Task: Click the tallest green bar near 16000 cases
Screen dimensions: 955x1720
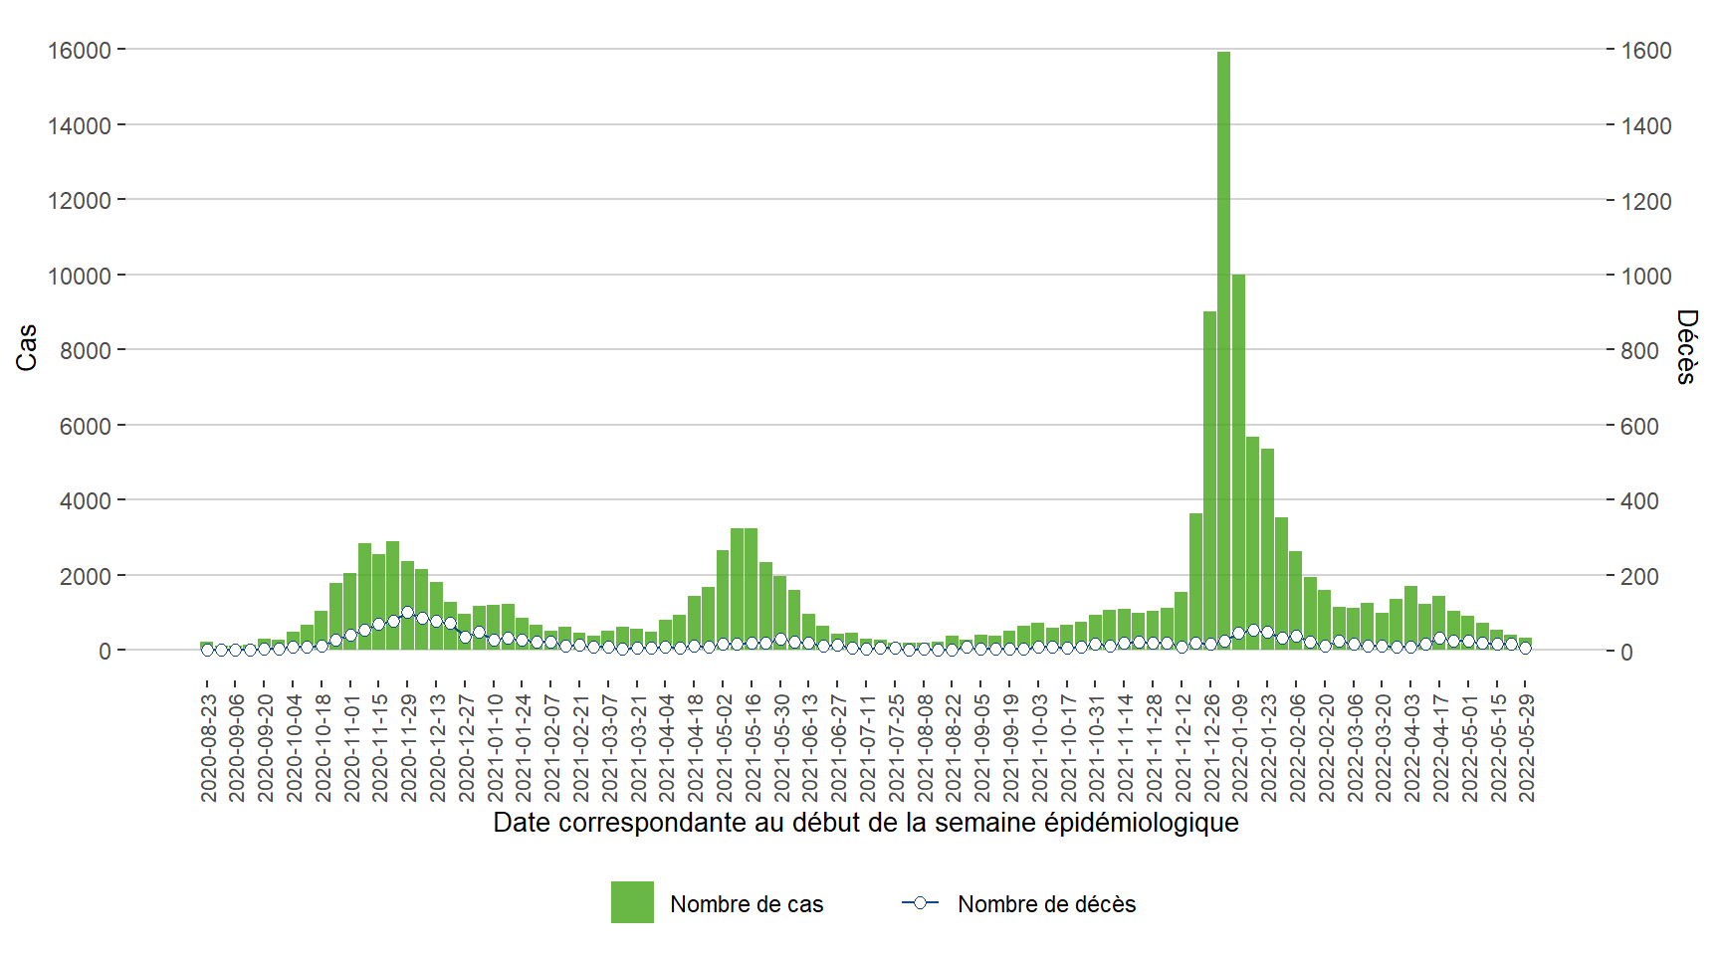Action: point(1223,348)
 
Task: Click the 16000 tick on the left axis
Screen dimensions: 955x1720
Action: point(80,50)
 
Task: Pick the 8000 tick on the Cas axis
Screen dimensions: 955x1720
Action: point(86,350)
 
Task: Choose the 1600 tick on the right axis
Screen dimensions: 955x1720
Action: point(1646,51)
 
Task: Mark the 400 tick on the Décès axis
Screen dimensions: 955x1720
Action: point(1639,501)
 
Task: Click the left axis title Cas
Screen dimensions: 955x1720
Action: point(27,347)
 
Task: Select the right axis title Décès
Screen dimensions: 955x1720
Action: point(1686,346)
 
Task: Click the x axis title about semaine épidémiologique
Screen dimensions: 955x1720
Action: point(865,823)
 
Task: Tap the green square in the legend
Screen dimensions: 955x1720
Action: point(632,902)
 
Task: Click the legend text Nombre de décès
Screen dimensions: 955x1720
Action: point(1046,904)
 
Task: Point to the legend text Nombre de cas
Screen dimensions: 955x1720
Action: point(747,904)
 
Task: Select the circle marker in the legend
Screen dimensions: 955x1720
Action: point(920,902)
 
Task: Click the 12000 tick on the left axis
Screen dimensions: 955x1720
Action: point(80,200)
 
